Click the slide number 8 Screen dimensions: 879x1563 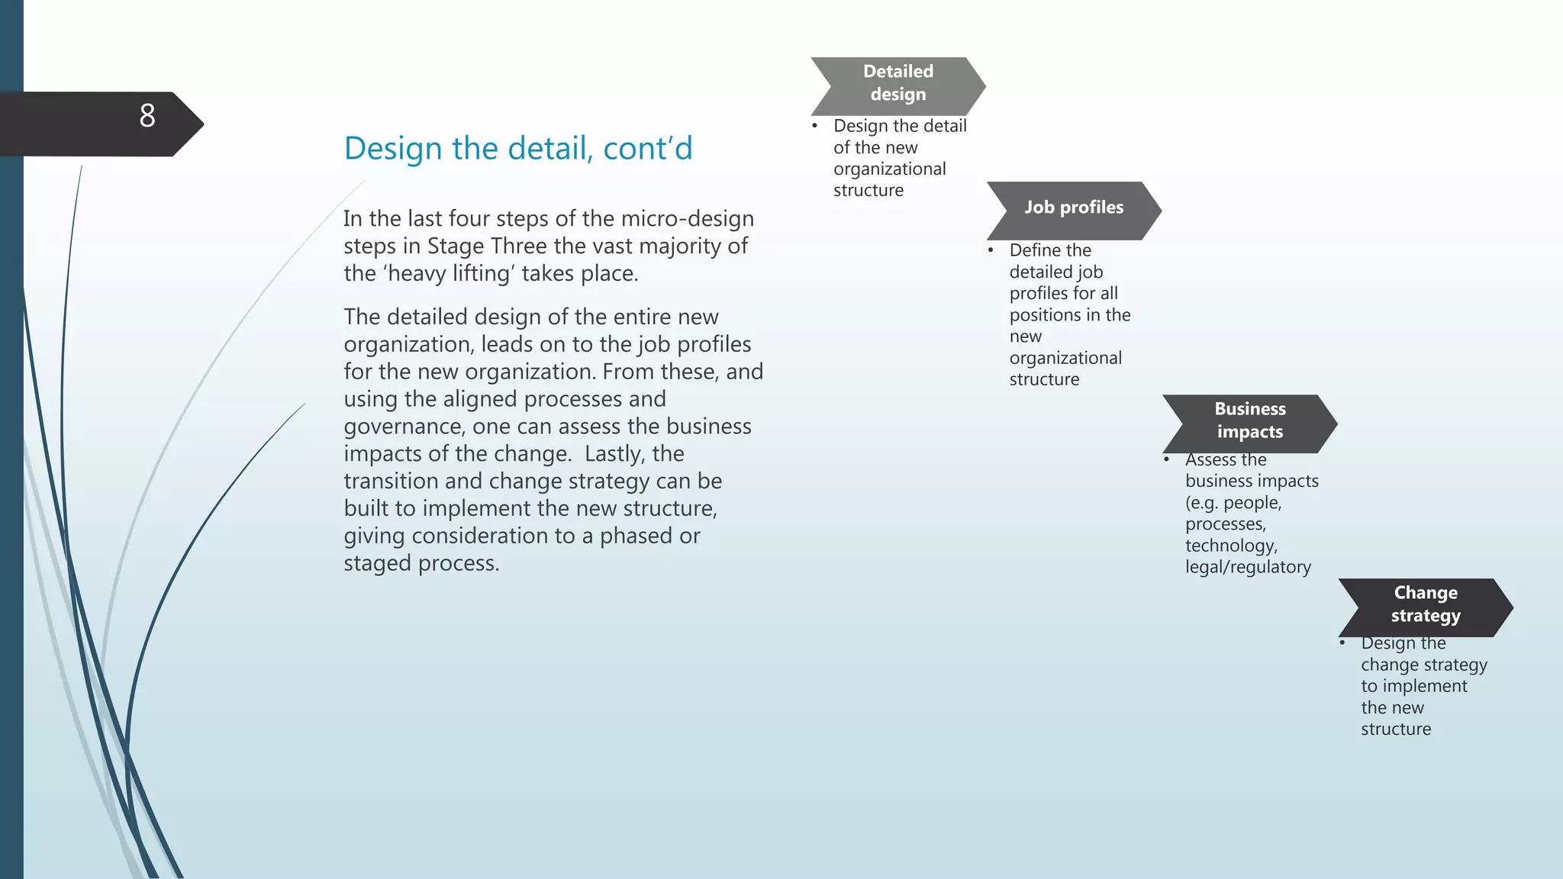(147, 116)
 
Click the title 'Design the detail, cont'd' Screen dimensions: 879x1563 (518, 148)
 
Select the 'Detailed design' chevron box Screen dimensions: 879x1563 (898, 83)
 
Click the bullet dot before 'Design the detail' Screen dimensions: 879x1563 (815, 126)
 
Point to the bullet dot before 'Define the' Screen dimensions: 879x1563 (991, 250)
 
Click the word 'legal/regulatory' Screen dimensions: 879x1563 (1248, 567)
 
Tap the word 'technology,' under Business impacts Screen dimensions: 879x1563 (1231, 546)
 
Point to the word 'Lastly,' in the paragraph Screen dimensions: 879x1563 (615, 454)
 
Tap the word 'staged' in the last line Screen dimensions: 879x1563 (377, 563)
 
